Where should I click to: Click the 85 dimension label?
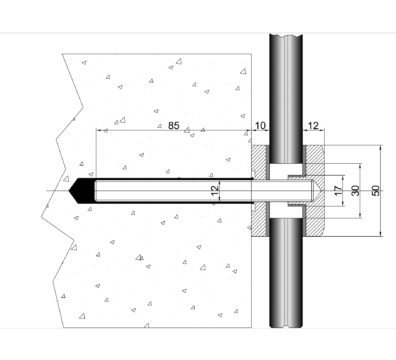pos(174,125)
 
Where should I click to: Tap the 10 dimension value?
pos(260,126)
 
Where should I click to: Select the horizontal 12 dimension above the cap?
pos(313,126)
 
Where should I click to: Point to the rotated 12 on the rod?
pos(215,190)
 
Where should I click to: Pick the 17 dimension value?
pos(338,191)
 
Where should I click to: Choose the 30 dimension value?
pos(356,191)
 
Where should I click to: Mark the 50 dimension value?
pos(375,191)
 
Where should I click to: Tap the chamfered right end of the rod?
pos(316,191)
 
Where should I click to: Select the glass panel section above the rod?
pos(286,99)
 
